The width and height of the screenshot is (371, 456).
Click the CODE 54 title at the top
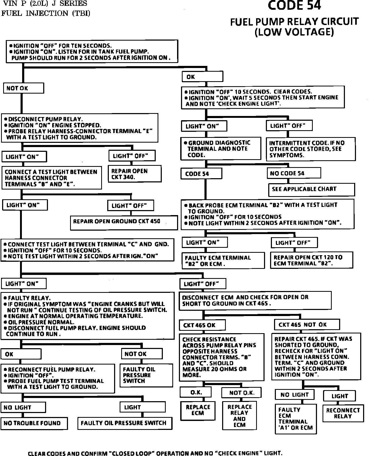(x=294, y=6)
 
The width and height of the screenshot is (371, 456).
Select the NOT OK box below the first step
(x=23, y=88)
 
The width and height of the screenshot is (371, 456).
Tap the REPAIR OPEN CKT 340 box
(x=134, y=174)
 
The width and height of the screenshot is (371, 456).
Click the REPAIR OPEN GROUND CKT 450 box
(x=124, y=223)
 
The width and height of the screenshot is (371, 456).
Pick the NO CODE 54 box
(x=294, y=173)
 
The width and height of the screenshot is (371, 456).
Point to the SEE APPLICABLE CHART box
(x=311, y=190)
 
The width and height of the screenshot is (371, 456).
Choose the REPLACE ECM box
(x=198, y=410)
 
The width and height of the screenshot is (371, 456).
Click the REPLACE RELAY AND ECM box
(x=239, y=415)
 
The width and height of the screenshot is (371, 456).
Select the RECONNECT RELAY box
(x=343, y=413)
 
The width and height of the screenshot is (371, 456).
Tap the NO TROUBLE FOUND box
(x=34, y=423)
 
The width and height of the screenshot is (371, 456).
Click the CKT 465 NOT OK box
(x=307, y=324)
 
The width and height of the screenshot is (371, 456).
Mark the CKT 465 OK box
(x=202, y=325)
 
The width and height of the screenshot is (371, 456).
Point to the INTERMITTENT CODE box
(x=310, y=149)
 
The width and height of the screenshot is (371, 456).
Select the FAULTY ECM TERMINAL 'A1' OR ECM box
(x=295, y=419)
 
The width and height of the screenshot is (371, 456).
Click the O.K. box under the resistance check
(x=196, y=392)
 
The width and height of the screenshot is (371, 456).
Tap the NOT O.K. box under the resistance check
(x=242, y=393)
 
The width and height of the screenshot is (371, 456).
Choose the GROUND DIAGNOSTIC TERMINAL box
(x=221, y=149)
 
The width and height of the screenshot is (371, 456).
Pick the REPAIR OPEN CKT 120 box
(x=311, y=260)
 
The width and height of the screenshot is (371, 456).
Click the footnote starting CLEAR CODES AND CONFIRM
(x=155, y=453)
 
